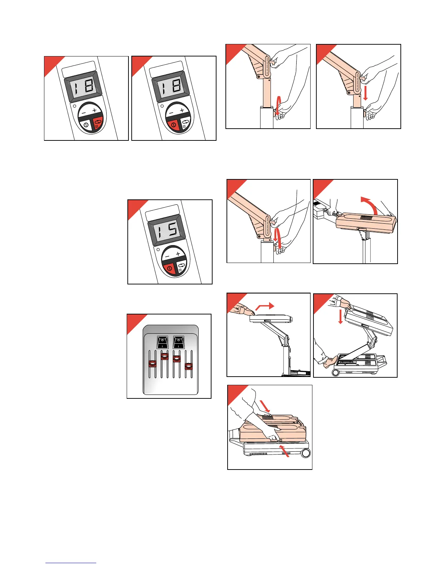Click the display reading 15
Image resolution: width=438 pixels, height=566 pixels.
167,230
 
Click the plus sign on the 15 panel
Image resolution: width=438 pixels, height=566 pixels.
178,254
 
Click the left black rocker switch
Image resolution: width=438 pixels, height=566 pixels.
162,342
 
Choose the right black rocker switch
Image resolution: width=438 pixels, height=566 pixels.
179,342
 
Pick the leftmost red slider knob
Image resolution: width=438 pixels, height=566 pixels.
152,363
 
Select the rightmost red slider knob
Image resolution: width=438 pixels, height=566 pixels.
188,366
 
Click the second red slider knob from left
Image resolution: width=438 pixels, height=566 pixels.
164,356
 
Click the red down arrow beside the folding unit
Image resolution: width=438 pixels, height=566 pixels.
340,317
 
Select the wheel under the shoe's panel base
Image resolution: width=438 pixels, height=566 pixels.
336,372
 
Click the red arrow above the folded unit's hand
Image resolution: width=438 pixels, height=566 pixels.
265,406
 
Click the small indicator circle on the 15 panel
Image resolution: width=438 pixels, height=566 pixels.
158,249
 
